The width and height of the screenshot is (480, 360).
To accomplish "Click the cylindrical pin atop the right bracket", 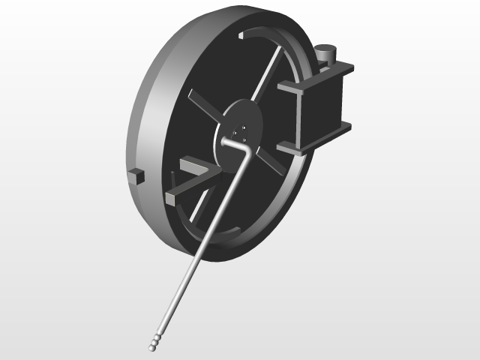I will [325, 55].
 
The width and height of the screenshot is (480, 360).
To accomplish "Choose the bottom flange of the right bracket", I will [315, 136].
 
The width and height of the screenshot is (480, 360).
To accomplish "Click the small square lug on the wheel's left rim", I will [136, 176].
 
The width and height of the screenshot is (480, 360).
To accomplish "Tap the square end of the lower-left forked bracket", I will [171, 196].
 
